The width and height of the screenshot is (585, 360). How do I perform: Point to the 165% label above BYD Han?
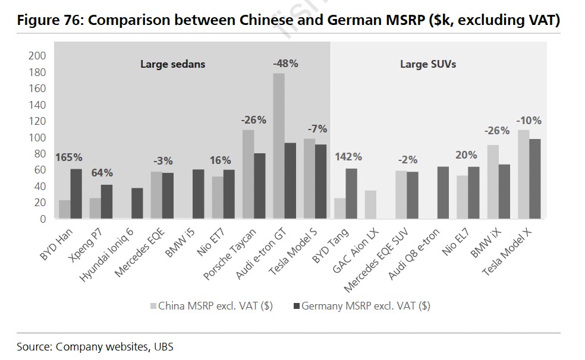tap(69, 157)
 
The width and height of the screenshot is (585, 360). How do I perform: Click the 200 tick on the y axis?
tap(37, 56)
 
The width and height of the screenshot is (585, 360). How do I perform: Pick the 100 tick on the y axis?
tap(37, 137)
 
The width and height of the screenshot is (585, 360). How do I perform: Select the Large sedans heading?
tap(172, 64)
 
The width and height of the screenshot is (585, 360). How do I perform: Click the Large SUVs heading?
tap(428, 64)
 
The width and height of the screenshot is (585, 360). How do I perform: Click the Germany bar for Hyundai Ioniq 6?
tap(137, 204)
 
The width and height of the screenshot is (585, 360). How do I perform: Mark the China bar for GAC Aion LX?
tap(370, 205)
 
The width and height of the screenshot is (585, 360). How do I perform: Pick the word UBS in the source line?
tap(163, 346)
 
